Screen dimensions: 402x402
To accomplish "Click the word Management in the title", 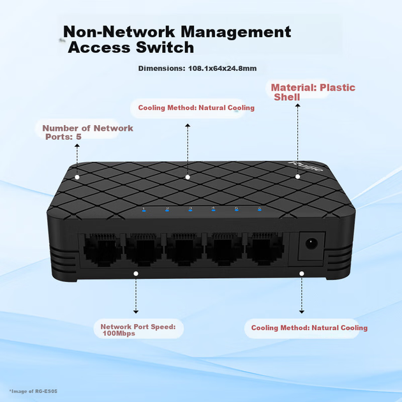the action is coord(236,32).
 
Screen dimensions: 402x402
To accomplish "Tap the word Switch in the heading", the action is coord(165,47).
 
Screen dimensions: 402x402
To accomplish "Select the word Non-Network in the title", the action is coord(119,31).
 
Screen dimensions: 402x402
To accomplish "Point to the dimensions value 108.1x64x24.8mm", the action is coord(222,68).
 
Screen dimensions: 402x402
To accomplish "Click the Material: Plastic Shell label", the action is coord(313,93).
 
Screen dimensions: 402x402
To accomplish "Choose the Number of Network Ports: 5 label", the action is coord(87,132).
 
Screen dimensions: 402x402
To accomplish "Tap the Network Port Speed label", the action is coord(138,327).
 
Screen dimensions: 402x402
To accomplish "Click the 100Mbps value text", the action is coord(119,334).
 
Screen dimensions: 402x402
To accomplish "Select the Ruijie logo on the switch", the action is coord(306,167).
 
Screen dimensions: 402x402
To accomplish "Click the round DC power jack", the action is coord(311,244).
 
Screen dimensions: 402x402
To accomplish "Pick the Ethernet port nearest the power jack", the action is coord(265,248).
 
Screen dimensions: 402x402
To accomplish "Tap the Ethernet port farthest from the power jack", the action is coord(103,249).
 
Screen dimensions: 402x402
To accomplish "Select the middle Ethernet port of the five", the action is coord(184,249).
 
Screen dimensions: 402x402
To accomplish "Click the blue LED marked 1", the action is coord(144,211).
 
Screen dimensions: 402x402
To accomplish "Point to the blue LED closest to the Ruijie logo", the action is coord(260,210).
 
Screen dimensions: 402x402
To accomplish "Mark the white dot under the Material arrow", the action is coord(297,176).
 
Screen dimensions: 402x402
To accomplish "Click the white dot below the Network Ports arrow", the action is coord(77,177).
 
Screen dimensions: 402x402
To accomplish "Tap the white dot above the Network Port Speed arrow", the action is coord(136,274).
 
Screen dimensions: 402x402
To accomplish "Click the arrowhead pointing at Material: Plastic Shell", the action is coord(297,105).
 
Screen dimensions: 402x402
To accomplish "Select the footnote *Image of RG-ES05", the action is coord(33,391).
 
